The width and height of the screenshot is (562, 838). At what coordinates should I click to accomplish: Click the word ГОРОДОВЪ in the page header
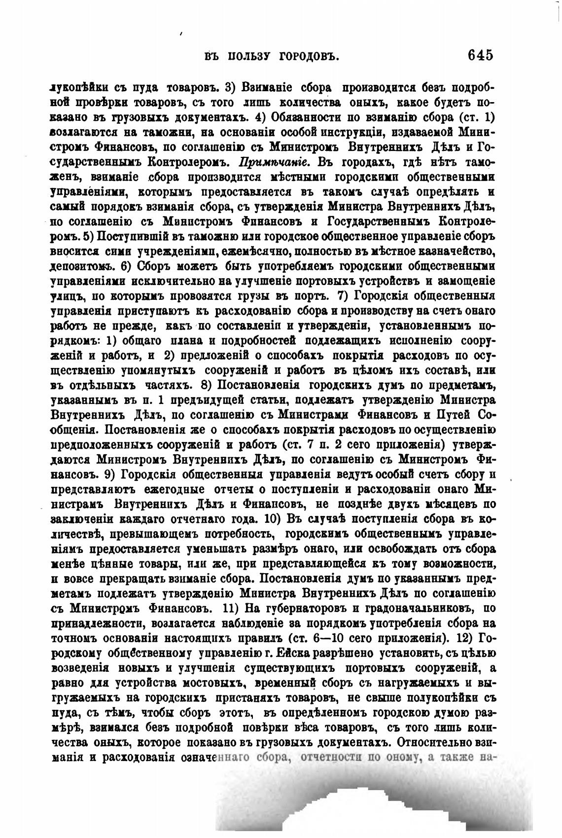coord(308,56)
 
